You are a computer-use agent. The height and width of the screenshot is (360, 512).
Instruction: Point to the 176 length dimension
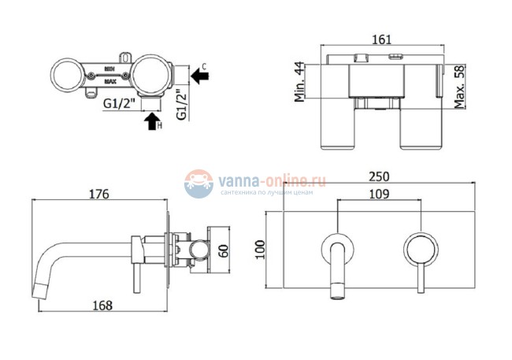click(98, 194)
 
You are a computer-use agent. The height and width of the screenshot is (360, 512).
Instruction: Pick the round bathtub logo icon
click(199, 184)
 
